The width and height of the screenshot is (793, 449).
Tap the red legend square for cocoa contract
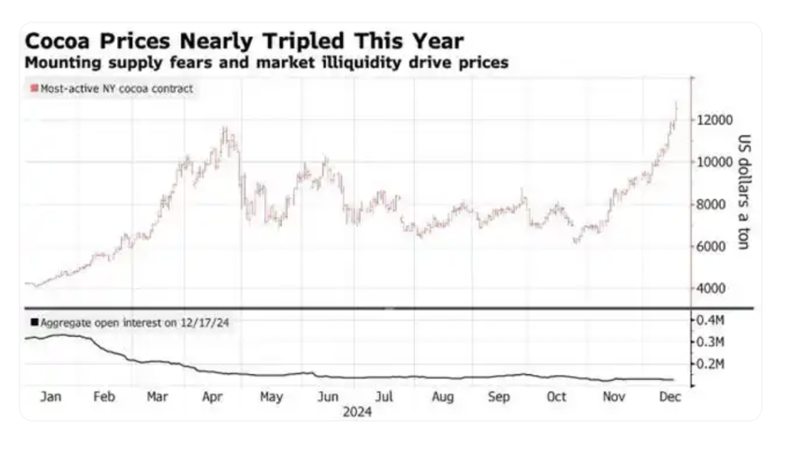click(33, 89)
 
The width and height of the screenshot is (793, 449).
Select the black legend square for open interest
click(33, 322)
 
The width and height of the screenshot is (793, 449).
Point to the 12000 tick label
click(714, 120)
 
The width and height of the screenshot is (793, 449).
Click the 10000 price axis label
click(714, 162)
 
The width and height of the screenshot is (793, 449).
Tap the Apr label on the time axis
click(214, 397)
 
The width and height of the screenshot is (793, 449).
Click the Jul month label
click(385, 397)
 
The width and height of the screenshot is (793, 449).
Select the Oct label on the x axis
click(556, 397)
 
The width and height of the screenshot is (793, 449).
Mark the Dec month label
click(670, 397)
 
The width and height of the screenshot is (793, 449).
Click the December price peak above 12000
click(676, 103)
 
